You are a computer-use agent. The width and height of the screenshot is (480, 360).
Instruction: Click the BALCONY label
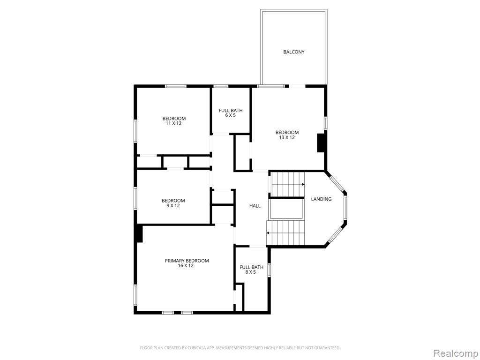[293, 52]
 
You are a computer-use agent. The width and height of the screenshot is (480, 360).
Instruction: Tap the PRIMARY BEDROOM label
[187, 261]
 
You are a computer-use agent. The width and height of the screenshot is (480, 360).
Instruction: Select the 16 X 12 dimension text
[186, 266]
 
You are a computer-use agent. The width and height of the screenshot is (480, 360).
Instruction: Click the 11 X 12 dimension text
[173, 123]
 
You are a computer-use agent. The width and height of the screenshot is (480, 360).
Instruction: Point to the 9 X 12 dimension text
[173, 206]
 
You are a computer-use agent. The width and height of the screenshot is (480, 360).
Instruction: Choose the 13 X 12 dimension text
[287, 137]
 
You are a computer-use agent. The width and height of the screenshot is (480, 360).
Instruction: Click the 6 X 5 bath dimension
[230, 115]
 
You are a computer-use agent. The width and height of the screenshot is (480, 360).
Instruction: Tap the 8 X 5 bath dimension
[250, 272]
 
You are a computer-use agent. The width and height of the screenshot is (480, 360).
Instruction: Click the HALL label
[255, 206]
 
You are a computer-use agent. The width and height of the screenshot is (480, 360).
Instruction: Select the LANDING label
[321, 199]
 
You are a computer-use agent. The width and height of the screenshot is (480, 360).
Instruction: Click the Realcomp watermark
[455, 353]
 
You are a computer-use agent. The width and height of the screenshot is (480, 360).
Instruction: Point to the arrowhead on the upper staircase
[303, 184]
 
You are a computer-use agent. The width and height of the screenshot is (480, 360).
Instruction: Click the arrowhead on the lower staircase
[268, 233]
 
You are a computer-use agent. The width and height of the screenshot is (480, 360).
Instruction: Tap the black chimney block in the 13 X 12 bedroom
[321, 142]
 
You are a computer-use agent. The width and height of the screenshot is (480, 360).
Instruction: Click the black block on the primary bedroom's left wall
[139, 233]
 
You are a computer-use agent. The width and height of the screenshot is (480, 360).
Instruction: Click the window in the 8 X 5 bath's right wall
[269, 270]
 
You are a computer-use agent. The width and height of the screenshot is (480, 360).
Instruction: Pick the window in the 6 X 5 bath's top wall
[221, 86]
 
